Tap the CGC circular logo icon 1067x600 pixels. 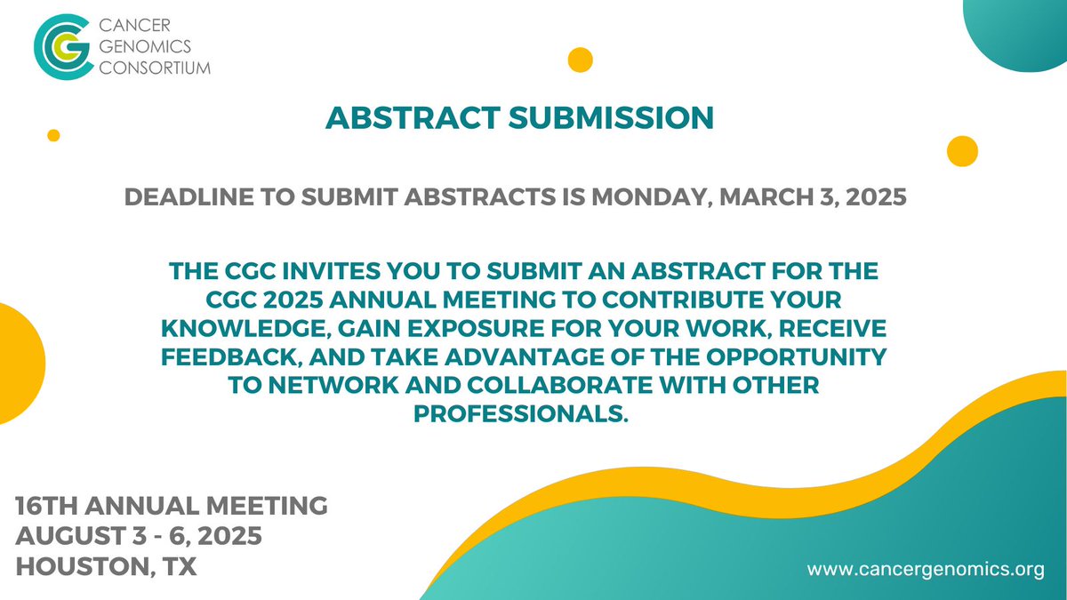click(62, 47)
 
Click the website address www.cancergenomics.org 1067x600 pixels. click(925, 570)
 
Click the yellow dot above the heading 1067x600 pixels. click(580, 60)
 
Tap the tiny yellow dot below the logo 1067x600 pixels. click(53, 135)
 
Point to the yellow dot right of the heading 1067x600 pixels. click(962, 151)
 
